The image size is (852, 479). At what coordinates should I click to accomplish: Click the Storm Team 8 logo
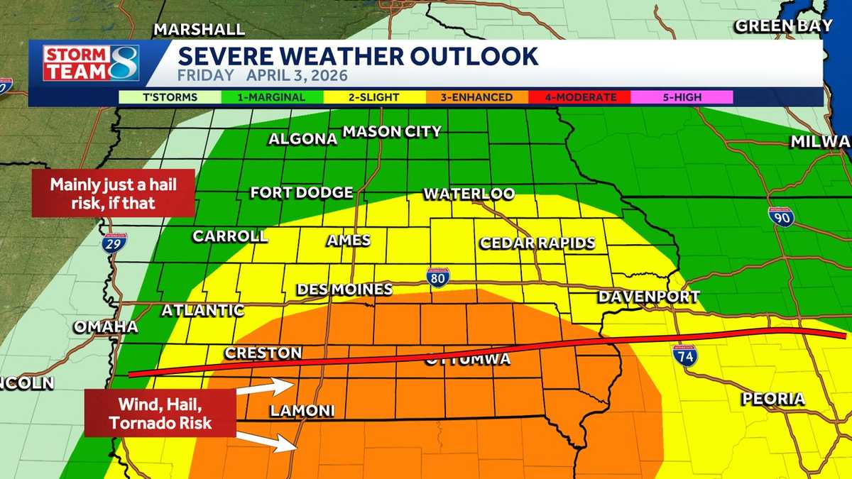[x=91, y=62]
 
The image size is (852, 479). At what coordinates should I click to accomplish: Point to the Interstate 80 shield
[x=438, y=277]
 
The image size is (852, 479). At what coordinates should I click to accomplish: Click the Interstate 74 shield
[x=686, y=355]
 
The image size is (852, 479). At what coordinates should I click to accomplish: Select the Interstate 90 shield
[x=780, y=217]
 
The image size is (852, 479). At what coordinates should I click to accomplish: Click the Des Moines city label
[x=344, y=290]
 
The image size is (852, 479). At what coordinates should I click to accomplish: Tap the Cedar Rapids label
[x=537, y=243]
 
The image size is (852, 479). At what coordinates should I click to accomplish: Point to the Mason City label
[x=392, y=131]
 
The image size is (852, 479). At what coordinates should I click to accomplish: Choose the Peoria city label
[x=773, y=399]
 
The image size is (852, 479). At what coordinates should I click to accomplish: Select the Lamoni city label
[x=302, y=412]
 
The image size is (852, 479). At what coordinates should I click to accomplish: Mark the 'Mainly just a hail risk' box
[x=113, y=192]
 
